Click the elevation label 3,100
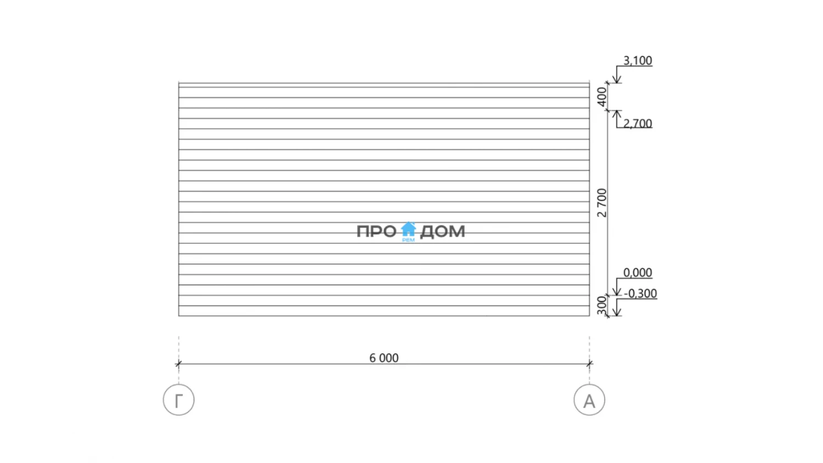(638, 61)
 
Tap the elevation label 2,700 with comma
(638, 123)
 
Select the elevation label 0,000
(638, 273)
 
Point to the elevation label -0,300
(640, 293)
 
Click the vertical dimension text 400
(601, 97)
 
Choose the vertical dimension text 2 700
(601, 203)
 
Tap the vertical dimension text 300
(601, 306)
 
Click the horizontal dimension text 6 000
(384, 358)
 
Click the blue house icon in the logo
(408, 229)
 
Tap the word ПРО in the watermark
(376, 231)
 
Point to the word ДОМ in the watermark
(442, 232)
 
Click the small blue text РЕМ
(408, 240)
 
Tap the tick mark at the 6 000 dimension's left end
(178, 364)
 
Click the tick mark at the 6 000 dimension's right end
(589, 364)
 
